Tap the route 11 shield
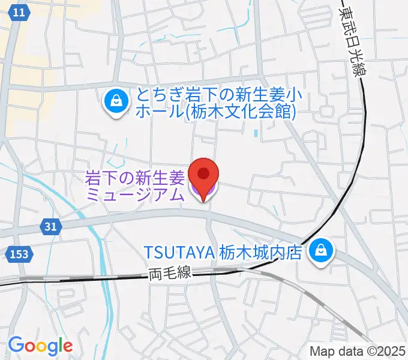point(20,13)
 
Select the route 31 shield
point(51,227)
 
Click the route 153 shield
point(20,255)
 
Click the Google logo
point(40,346)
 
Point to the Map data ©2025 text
point(358,351)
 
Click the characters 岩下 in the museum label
point(98,178)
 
